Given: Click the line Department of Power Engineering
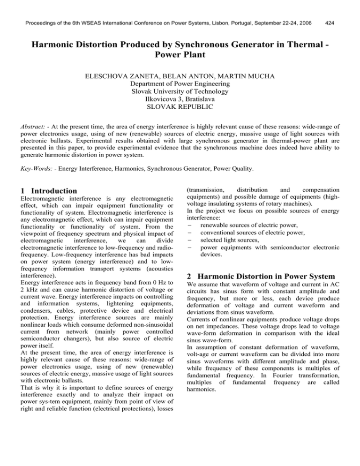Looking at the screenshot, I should (180, 83).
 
